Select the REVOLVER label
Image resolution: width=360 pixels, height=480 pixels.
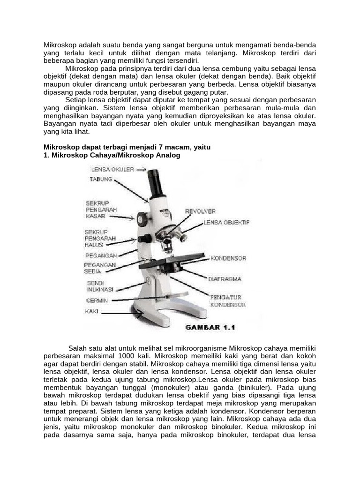200,211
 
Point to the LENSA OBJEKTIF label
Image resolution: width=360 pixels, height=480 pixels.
226,223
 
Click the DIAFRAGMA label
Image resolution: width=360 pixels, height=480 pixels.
225,279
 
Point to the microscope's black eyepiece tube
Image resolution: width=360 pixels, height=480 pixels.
156,184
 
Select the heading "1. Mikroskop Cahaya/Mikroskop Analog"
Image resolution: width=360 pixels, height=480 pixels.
112,155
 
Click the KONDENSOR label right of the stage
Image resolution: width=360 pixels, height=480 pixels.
228,258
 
